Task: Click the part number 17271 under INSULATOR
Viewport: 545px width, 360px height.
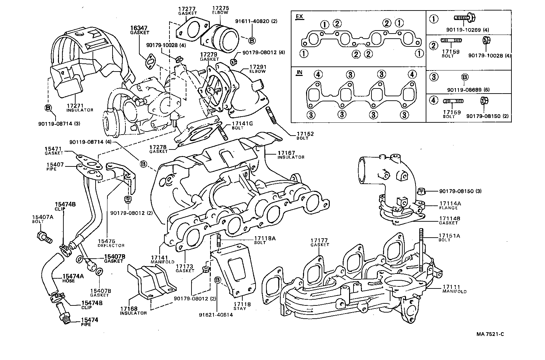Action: [x=75, y=106]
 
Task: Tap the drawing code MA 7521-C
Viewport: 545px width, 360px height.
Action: [x=490, y=334]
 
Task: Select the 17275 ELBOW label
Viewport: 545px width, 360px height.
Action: [x=220, y=9]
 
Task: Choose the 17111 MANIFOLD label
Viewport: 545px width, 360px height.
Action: [x=454, y=289]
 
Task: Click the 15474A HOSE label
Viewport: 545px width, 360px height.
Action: [x=73, y=278]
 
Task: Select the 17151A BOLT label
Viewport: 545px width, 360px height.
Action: [x=449, y=237]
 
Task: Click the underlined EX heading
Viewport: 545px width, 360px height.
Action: [x=299, y=17]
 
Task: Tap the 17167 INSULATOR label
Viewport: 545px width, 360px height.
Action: [x=290, y=155]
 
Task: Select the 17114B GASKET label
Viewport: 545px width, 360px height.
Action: [x=449, y=220]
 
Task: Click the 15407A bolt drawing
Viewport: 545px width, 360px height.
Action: [x=44, y=237]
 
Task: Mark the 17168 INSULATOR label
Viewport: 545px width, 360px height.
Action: [x=133, y=311]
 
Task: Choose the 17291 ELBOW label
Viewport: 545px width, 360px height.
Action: [x=258, y=69]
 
